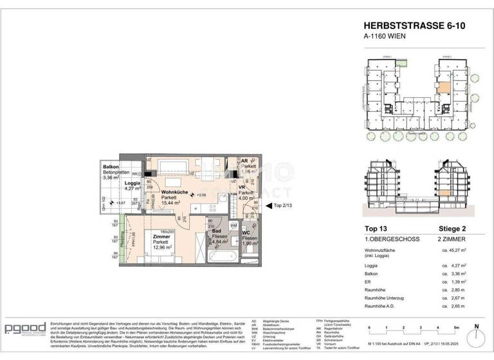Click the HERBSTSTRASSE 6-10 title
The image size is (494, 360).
(x=416, y=26)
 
